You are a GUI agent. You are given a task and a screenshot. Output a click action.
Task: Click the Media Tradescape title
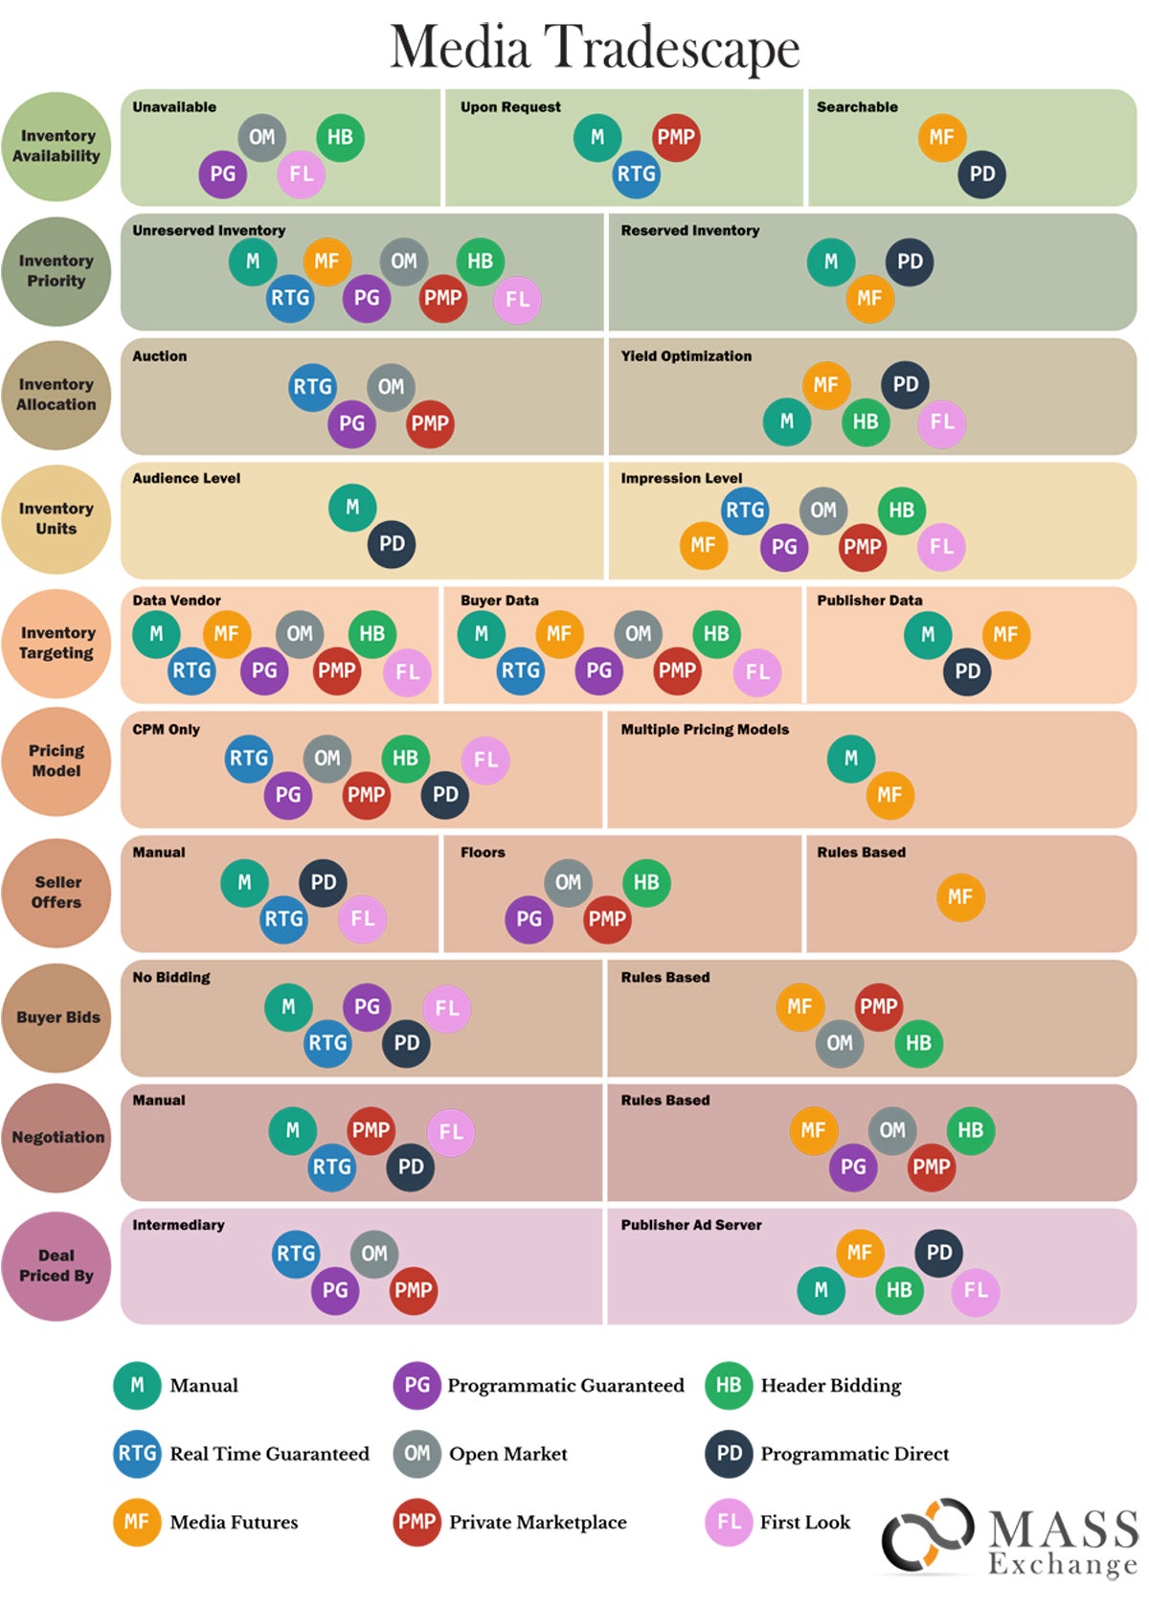click(595, 47)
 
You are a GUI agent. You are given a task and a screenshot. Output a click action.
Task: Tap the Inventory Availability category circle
click(56, 147)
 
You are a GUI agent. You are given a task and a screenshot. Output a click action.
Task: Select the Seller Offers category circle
click(56, 893)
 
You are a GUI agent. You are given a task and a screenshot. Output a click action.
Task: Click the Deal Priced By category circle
click(56, 1265)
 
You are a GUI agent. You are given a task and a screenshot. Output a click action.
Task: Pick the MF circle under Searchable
click(941, 137)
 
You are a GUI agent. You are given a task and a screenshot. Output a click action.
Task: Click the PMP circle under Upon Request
click(676, 137)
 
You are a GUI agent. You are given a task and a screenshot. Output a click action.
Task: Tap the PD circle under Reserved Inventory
click(910, 261)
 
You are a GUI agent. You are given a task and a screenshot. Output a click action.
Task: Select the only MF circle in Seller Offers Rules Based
click(959, 897)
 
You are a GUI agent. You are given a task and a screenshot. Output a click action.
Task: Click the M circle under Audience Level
click(352, 508)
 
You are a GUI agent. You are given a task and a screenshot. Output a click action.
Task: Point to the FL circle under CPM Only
click(485, 760)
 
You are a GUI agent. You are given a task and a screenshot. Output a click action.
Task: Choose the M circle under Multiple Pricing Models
click(851, 759)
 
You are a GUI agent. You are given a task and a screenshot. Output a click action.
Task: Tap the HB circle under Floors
click(646, 882)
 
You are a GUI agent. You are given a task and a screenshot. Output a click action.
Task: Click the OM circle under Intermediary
click(374, 1254)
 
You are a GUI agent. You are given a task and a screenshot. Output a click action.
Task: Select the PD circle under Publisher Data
click(967, 671)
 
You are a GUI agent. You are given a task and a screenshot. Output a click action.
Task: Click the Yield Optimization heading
click(686, 356)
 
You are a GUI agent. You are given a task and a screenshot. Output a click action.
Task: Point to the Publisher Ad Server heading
click(690, 1225)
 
